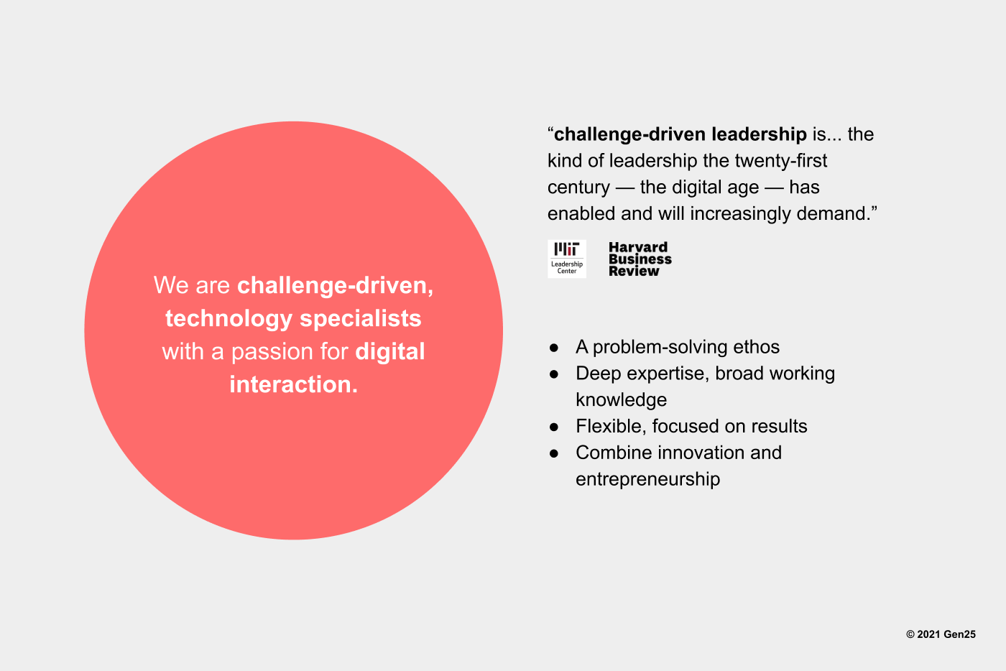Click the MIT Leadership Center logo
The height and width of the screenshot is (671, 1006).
(x=567, y=259)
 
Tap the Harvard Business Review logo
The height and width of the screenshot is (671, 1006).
(x=640, y=259)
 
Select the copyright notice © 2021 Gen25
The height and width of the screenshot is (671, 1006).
(x=941, y=634)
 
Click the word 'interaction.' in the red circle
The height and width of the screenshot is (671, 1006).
(x=294, y=384)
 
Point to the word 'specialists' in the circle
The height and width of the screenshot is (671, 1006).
(x=361, y=318)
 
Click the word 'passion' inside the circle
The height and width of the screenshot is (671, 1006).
(x=272, y=352)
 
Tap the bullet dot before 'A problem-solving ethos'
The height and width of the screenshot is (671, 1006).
(x=554, y=348)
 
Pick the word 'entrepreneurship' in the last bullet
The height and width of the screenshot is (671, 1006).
(x=647, y=479)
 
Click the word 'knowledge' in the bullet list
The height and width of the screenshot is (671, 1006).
(x=621, y=399)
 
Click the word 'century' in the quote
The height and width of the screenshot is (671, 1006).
(x=578, y=188)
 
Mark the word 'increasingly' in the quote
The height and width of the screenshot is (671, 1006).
(x=740, y=214)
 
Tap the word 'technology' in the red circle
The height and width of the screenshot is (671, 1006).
(x=229, y=319)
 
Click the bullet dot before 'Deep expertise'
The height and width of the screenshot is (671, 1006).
(x=554, y=374)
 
